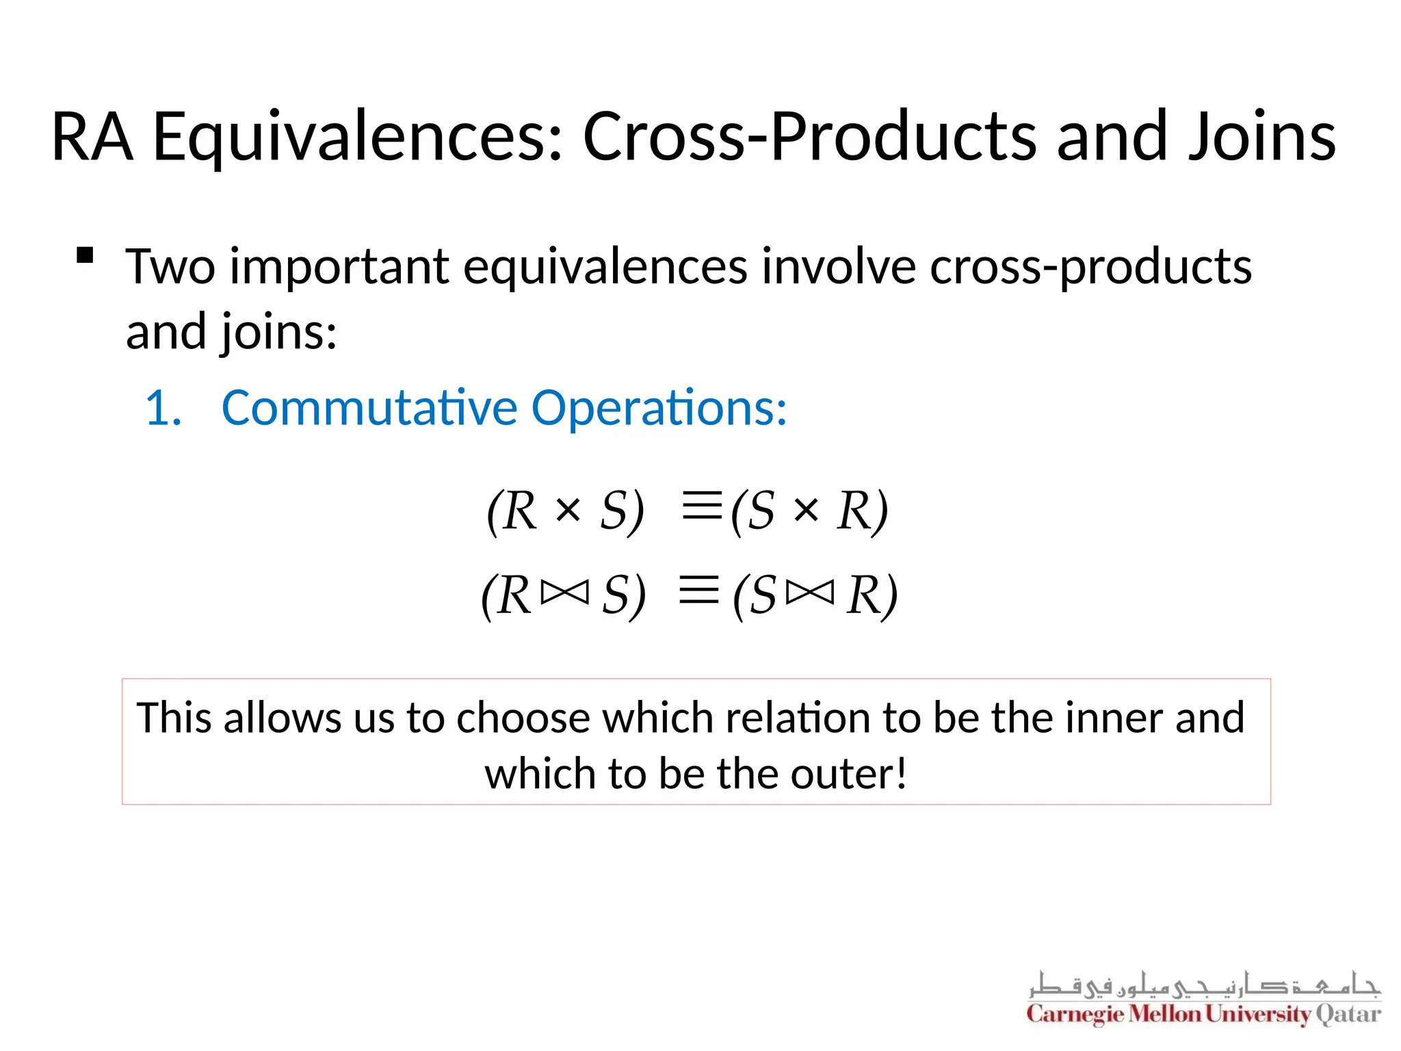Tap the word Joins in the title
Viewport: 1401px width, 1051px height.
click(x=1262, y=137)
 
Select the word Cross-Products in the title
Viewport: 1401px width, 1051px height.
click(x=809, y=137)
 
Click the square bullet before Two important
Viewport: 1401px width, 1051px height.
click(x=85, y=256)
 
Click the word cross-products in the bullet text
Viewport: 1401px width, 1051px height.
click(x=1090, y=267)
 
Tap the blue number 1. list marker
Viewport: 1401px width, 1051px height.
click(x=164, y=408)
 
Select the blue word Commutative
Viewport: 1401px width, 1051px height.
click(x=369, y=408)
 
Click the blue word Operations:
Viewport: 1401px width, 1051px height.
click(x=659, y=408)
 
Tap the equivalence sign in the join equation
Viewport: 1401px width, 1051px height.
click(x=699, y=590)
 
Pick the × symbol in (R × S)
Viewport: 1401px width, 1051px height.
click(x=568, y=510)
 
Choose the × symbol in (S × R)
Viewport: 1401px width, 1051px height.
click(x=807, y=510)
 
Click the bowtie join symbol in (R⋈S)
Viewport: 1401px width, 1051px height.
click(x=564, y=593)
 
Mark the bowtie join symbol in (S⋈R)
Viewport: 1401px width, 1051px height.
click(x=811, y=593)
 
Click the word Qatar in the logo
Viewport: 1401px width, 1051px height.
click(x=1348, y=1014)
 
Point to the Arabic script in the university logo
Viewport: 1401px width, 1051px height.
click(x=1204, y=984)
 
